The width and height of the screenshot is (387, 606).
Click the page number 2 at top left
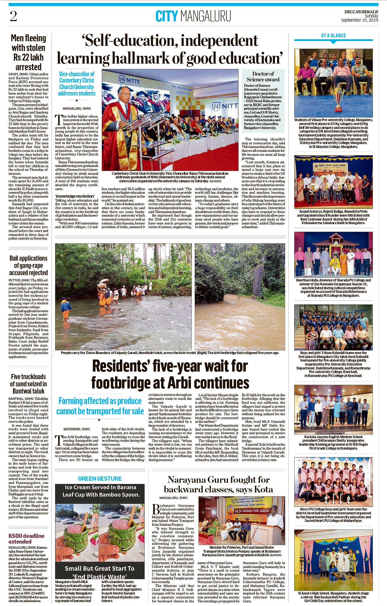(x=13, y=16)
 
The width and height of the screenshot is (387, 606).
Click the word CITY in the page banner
(x=167, y=16)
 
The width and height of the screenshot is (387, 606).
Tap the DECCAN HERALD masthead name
(x=361, y=12)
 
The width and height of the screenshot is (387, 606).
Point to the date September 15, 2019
(x=360, y=20)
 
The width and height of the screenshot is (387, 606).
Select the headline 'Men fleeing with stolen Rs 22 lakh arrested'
(x=28, y=52)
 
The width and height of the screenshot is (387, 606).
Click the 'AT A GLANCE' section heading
(x=333, y=36)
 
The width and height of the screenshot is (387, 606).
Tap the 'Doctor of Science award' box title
(x=263, y=77)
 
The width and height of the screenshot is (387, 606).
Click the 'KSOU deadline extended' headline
(x=27, y=538)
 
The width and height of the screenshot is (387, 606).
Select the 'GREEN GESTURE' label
(x=100, y=479)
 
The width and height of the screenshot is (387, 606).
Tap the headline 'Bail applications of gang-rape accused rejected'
(x=29, y=265)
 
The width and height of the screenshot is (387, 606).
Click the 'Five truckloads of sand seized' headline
(x=28, y=384)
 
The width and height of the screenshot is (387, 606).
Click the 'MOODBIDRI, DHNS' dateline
(x=76, y=429)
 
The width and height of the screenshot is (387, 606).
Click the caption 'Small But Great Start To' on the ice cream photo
(x=100, y=569)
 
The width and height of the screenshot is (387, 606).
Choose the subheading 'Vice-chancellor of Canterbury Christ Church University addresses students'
(x=76, y=83)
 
